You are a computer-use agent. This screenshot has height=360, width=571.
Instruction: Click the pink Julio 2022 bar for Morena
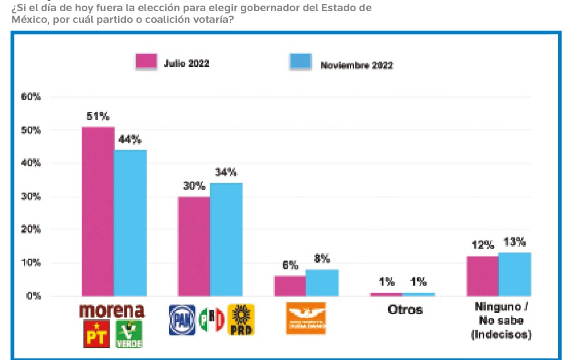click(98, 211)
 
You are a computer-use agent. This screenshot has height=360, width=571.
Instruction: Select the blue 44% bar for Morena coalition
click(130, 222)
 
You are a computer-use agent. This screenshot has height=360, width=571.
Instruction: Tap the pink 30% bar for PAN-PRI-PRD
click(194, 246)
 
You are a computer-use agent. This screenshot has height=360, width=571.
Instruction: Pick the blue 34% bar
click(227, 239)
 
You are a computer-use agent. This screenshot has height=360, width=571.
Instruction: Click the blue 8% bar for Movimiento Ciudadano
click(322, 282)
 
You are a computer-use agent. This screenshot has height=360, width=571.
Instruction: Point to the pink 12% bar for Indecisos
click(483, 275)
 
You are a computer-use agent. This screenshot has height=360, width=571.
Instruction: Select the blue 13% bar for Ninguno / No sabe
click(514, 274)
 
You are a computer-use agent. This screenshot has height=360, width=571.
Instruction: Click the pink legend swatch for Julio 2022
click(146, 62)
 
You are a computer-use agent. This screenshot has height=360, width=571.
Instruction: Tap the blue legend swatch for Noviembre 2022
click(300, 62)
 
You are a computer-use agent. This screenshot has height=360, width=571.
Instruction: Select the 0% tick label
click(34, 296)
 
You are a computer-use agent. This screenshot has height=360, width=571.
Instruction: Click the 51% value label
click(98, 117)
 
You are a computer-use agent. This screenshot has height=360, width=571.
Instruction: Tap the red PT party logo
click(96, 334)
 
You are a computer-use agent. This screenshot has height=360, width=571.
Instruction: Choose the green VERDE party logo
click(129, 334)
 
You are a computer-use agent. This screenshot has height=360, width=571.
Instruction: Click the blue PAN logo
click(182, 320)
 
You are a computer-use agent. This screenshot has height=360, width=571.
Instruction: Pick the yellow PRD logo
click(241, 320)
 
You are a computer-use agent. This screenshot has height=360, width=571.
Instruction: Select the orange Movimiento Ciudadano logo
click(306, 319)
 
